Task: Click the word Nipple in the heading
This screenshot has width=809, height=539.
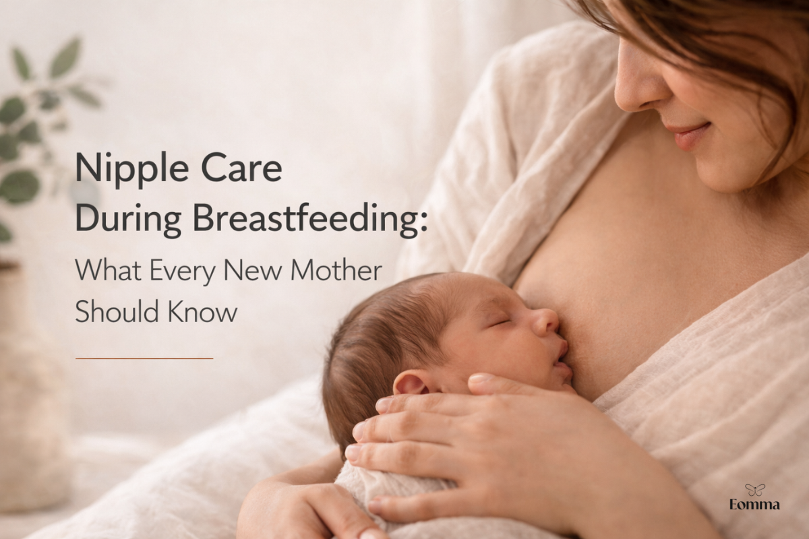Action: point(132,169)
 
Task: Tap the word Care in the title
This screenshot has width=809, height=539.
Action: point(241,168)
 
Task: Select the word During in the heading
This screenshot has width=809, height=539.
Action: point(128,220)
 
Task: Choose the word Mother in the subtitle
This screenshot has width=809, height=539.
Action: point(336,270)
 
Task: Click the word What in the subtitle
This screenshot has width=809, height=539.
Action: point(108,270)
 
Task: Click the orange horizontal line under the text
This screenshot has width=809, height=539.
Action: point(144,358)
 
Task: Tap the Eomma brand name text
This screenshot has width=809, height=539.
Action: point(754,505)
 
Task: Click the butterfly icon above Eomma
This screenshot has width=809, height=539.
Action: point(754,490)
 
